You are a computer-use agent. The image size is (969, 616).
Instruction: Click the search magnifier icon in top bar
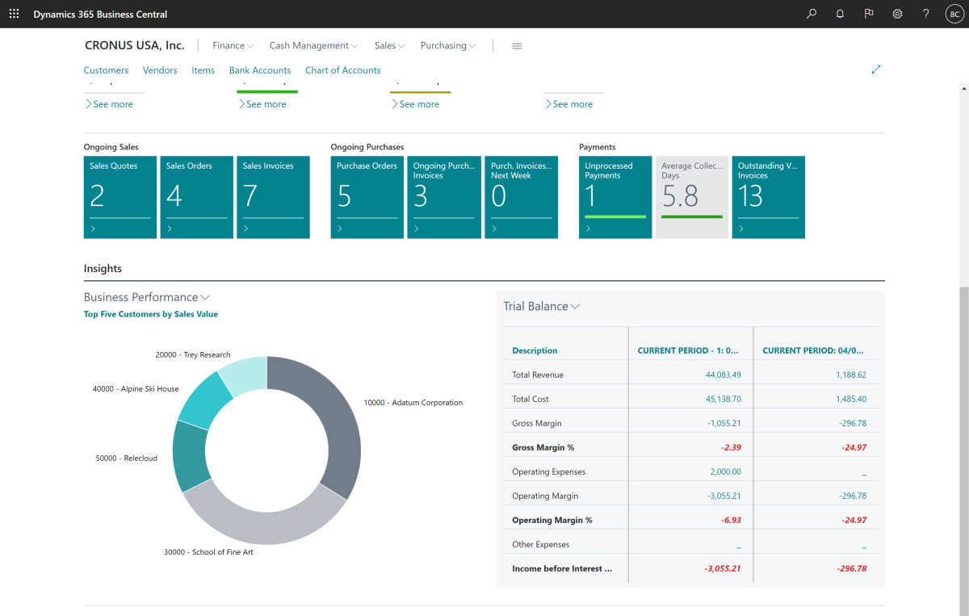click(812, 15)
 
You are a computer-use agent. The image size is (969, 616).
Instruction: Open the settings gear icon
click(897, 15)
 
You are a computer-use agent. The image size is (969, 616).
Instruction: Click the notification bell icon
click(840, 15)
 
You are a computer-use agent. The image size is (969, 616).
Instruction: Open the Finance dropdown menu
click(233, 46)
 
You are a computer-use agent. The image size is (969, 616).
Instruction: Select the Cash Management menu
click(313, 46)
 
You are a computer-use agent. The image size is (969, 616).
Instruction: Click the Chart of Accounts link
click(342, 70)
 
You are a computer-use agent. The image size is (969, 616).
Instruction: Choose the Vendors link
click(160, 70)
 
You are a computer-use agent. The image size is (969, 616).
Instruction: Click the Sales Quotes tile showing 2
click(120, 197)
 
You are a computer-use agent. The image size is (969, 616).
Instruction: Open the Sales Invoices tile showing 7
click(273, 197)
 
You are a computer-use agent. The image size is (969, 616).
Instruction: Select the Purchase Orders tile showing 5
click(367, 197)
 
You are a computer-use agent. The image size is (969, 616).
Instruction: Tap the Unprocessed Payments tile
click(615, 197)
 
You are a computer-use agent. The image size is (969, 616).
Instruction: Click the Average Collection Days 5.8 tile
click(691, 197)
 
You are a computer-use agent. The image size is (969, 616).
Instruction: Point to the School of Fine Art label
click(208, 552)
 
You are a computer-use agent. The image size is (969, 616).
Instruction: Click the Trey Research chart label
click(192, 354)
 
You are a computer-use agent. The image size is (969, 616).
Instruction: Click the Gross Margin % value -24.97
click(852, 447)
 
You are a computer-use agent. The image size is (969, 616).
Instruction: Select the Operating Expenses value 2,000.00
click(725, 471)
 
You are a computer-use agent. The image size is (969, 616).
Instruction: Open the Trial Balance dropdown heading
click(541, 307)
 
